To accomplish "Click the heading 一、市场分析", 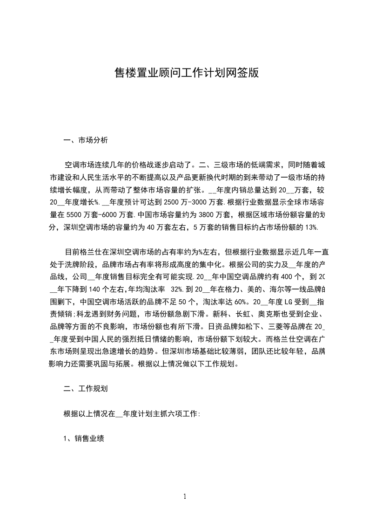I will [86, 139].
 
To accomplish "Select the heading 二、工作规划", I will [86, 388].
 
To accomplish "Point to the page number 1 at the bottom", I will [185, 496].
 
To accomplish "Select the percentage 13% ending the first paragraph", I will [310, 227].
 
